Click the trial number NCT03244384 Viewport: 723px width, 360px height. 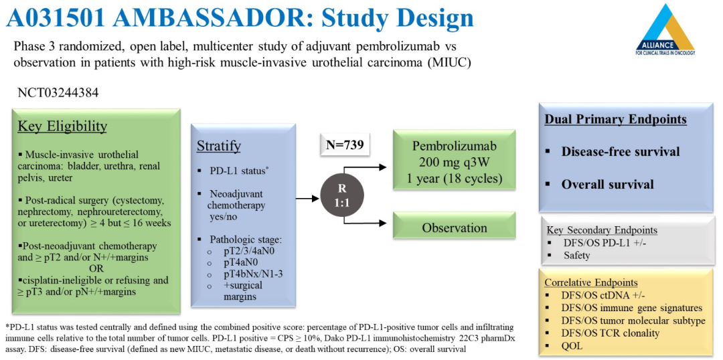pos(58,92)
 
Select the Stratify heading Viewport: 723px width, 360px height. pos(218,146)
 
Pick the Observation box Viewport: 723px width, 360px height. pos(454,228)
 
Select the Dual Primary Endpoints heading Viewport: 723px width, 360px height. pos(615,120)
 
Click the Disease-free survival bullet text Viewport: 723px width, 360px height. pos(621,151)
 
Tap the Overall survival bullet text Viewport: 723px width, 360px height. pos(607,184)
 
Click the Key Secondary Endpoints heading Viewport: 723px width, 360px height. pos(602,230)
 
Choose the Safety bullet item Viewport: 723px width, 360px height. pos(577,255)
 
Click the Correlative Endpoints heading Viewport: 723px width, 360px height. pos(591,282)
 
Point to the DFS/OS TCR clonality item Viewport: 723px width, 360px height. pos(611,333)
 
